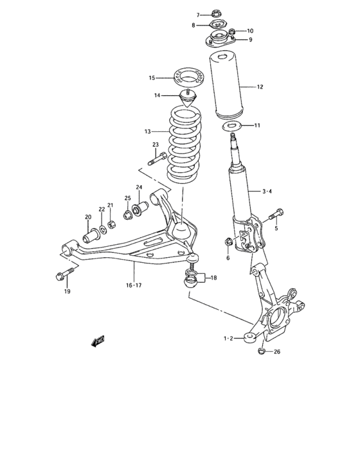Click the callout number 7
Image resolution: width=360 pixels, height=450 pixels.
click(199, 14)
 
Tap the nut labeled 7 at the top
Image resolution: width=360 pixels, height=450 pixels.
click(216, 14)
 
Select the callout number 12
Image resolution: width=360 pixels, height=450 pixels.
click(260, 87)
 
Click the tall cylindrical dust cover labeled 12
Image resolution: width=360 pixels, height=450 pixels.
click(226, 87)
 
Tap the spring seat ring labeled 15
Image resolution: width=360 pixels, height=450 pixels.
click(187, 78)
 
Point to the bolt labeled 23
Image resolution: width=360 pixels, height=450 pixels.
click(157, 157)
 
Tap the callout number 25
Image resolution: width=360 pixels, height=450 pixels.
click(127, 199)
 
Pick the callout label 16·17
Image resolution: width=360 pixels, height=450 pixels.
click(134, 285)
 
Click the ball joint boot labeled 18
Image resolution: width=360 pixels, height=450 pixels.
click(190, 279)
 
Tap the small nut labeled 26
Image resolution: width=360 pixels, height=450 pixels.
click(260, 351)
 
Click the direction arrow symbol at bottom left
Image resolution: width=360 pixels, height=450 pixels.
click(98, 341)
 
